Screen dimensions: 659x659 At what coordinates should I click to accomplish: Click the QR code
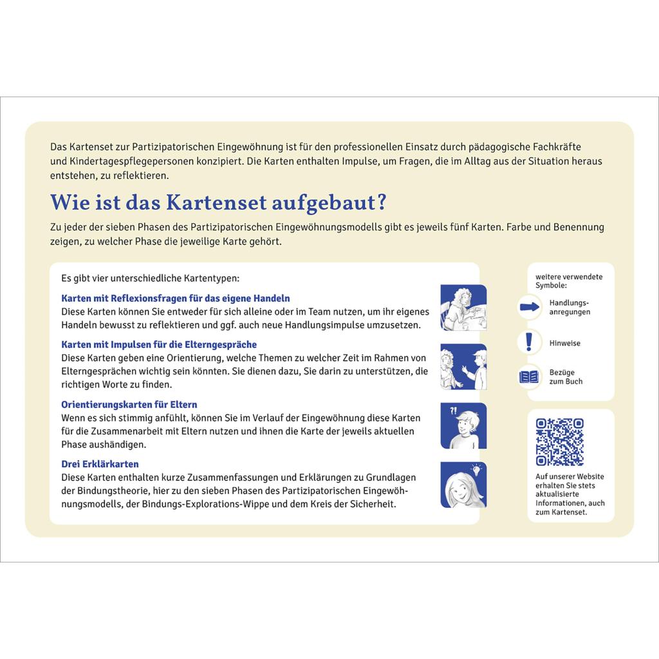559,441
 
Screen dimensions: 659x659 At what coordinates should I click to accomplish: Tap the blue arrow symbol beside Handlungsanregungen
529,307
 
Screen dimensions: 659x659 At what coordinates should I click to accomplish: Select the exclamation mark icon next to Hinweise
529,342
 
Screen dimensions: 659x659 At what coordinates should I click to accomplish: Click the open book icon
529,376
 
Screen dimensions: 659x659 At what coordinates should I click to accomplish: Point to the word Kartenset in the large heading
216,202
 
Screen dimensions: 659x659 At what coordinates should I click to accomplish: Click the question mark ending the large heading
382,202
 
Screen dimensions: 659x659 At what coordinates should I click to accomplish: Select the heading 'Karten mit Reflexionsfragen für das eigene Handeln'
176,298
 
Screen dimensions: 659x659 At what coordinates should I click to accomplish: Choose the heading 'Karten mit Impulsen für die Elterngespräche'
159,344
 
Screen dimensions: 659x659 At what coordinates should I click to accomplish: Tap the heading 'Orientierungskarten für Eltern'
129,404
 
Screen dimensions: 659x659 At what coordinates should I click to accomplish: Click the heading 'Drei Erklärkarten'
100,464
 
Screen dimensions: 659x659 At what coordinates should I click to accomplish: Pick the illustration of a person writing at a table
463,307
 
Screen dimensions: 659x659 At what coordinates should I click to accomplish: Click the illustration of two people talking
463,367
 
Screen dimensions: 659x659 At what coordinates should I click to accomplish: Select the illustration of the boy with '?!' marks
463,426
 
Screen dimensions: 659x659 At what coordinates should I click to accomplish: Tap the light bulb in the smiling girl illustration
476,469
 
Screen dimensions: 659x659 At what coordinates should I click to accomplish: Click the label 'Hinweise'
564,343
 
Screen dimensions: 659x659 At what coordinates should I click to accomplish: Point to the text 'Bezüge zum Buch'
566,376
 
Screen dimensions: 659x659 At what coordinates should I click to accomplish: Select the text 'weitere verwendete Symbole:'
569,281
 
